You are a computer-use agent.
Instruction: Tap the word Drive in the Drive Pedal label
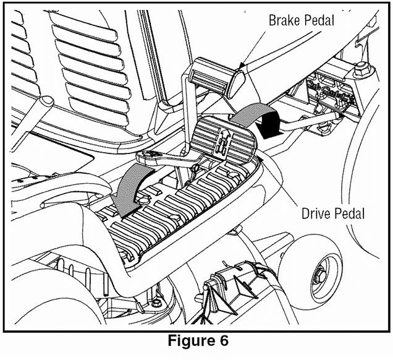(x=317, y=214)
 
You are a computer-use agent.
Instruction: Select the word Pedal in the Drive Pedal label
(x=349, y=214)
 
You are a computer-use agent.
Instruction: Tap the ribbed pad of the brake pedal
(x=213, y=75)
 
